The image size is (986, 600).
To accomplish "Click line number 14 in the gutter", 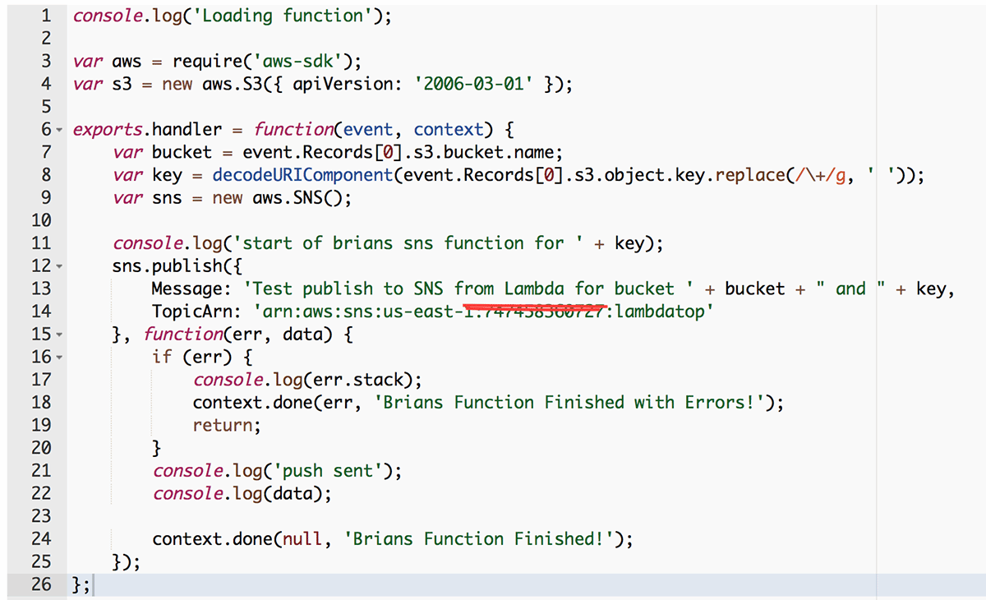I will pos(40,312).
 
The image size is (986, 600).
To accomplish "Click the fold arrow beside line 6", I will pos(59,130).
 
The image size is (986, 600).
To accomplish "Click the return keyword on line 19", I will pos(223,425).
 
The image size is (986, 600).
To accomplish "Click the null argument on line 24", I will pos(303,539).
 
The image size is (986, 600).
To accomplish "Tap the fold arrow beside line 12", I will pos(59,266).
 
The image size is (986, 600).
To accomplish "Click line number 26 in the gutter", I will pos(40,584).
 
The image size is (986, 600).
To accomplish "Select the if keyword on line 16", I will pos(162,357).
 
